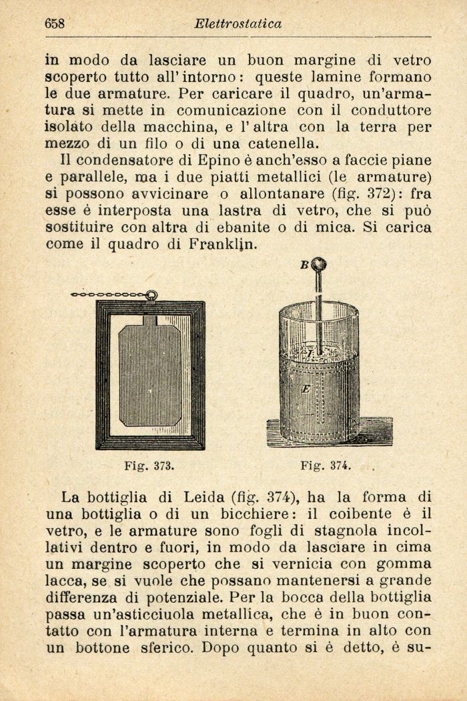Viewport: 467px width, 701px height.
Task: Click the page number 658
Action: (x=55, y=24)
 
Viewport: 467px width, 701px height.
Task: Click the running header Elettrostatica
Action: (x=238, y=24)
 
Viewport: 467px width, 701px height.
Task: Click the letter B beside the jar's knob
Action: (x=303, y=265)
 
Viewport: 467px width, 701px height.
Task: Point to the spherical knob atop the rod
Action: (x=319, y=265)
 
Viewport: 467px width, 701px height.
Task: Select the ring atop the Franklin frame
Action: (x=152, y=295)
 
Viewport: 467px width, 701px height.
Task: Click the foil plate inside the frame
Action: (x=150, y=375)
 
